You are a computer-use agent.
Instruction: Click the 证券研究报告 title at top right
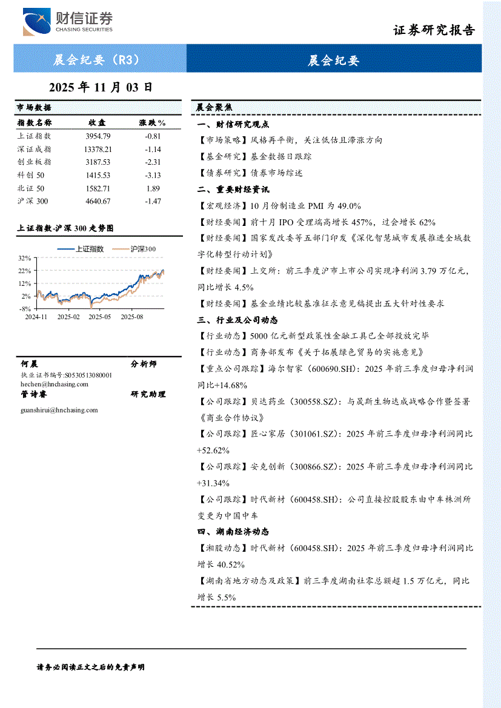[434, 30]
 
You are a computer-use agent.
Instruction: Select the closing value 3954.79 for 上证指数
[98, 136]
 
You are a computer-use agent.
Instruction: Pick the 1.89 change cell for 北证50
[153, 188]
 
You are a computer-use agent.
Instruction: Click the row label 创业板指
[35, 162]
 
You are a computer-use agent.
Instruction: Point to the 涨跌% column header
[152, 123]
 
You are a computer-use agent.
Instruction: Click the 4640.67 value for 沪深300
[98, 201]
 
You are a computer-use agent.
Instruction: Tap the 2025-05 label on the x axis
[100, 316]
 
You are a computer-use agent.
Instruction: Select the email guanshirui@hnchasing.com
[59, 410]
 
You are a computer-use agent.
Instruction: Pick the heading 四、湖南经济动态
[233, 532]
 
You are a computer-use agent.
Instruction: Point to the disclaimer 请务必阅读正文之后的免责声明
[91, 667]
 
